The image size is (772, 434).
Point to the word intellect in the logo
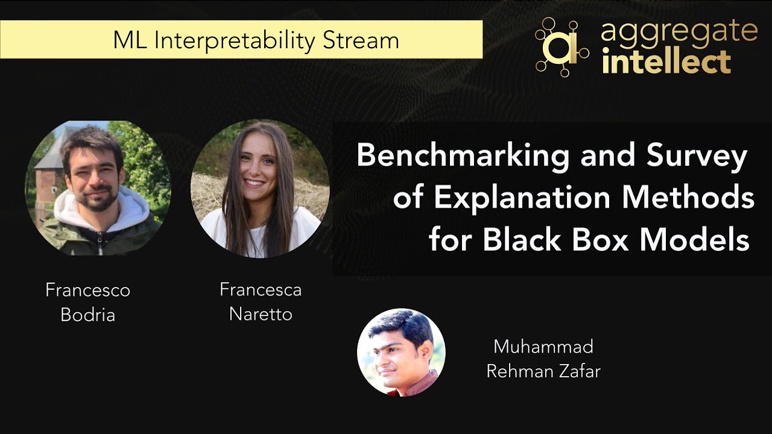coord(666,63)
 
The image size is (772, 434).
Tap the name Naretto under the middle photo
coord(261,314)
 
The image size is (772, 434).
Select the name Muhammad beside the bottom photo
coord(543,347)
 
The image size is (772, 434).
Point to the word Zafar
coord(579,371)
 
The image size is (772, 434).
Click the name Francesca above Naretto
coord(261,290)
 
